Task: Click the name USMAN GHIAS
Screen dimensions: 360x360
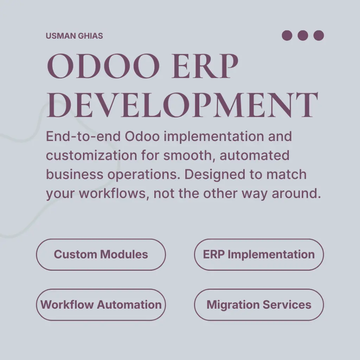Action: pyautogui.click(x=74, y=36)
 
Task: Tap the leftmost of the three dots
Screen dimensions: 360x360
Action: pyautogui.click(x=287, y=36)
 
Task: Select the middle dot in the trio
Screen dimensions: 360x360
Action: pyautogui.click(x=303, y=36)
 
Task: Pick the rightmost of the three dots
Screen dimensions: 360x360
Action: pyautogui.click(x=319, y=36)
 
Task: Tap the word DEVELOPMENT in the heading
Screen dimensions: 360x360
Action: pyautogui.click(x=182, y=105)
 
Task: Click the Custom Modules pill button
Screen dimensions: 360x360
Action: pyautogui.click(x=101, y=255)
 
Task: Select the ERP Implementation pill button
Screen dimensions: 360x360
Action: pyautogui.click(x=259, y=255)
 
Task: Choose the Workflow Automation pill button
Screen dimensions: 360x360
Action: pyautogui.click(x=101, y=305)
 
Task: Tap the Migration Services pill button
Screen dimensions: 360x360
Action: pyautogui.click(x=259, y=305)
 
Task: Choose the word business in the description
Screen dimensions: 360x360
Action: pyautogui.click(x=74, y=174)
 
